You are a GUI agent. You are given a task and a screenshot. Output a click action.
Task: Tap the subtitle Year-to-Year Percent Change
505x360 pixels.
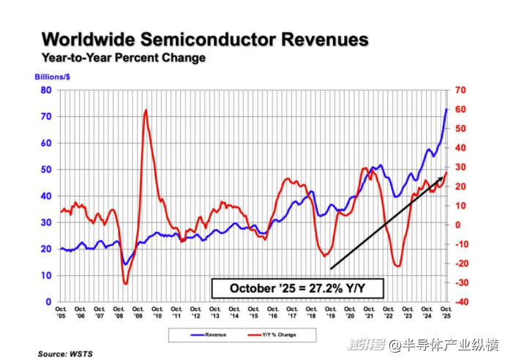click(x=123, y=58)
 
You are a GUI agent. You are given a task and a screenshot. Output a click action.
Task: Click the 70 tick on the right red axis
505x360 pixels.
click(x=460, y=90)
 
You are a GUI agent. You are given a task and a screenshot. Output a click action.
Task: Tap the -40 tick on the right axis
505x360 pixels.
click(x=460, y=301)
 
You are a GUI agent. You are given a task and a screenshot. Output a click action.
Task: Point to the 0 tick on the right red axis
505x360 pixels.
click(x=457, y=225)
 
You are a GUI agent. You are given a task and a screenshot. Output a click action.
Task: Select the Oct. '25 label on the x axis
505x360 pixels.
click(x=446, y=315)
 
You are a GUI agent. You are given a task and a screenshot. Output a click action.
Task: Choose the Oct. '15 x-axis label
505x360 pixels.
click(x=254, y=315)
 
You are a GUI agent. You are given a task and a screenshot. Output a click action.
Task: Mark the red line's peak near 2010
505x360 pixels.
click(x=146, y=110)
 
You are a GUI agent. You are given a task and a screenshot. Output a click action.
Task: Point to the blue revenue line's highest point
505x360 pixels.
click(x=446, y=109)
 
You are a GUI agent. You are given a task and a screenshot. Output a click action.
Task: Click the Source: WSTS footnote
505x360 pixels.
click(x=66, y=353)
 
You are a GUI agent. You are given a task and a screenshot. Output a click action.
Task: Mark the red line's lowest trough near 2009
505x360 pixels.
click(x=126, y=283)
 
